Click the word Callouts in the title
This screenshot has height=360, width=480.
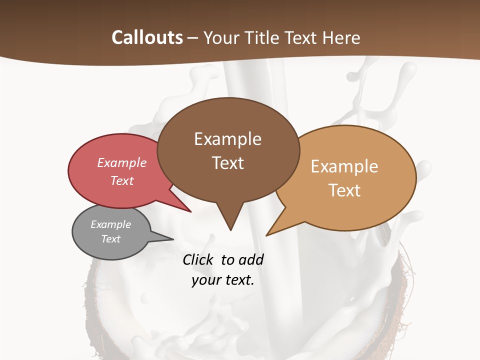[147, 37]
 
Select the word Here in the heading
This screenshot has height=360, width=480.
[342, 37]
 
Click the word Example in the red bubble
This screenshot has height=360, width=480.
[122, 162]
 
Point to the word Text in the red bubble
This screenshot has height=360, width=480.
[122, 180]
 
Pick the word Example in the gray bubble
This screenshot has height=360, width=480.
[110, 224]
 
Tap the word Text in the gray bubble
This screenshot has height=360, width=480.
[110, 239]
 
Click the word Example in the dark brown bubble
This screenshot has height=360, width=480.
[227, 139]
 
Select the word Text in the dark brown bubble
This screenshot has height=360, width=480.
[227, 163]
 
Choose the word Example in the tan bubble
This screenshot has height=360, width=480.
[344, 166]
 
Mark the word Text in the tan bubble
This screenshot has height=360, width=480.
[344, 190]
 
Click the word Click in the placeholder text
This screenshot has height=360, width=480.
[199, 260]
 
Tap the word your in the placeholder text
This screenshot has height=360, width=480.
[206, 280]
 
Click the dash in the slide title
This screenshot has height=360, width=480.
[193, 38]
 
